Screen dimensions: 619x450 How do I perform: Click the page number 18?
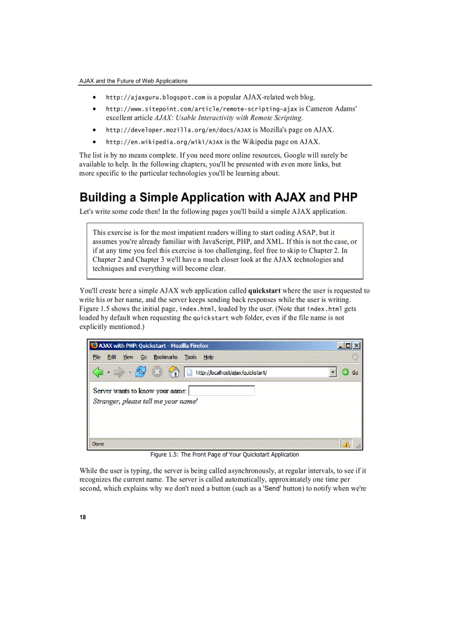tap(83, 517)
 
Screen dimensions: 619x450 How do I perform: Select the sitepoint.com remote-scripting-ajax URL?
tap(201, 109)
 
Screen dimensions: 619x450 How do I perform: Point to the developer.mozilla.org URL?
tap(178, 130)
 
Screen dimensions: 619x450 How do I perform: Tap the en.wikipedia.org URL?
tap(164, 142)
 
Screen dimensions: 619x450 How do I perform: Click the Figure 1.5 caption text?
tap(224, 455)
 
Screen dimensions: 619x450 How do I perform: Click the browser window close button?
tap(357, 346)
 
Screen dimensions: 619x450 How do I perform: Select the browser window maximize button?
tap(349, 346)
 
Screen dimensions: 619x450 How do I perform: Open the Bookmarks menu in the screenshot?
tap(165, 357)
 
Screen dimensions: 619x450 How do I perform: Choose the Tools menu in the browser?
tap(190, 357)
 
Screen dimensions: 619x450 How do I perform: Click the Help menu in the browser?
tap(208, 357)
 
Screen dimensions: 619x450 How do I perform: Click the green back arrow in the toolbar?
tap(99, 372)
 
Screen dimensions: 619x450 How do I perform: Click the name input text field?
tap(222, 391)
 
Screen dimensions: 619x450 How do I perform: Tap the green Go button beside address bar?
tap(350, 372)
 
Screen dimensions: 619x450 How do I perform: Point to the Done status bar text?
tap(98, 444)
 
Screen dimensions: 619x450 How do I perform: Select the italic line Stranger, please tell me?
tap(145, 401)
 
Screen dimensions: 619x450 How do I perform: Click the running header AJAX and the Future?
tap(133, 81)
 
